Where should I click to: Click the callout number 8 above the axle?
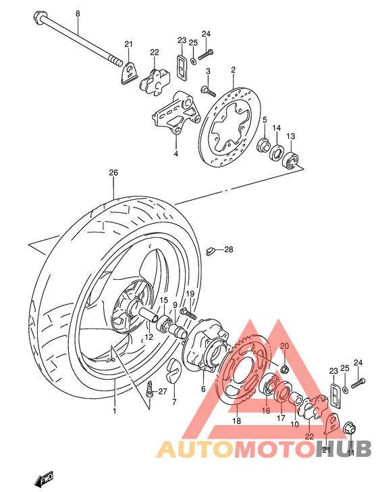[x=77, y=14]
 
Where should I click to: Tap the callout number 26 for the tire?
[x=113, y=173]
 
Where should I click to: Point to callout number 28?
[x=228, y=250]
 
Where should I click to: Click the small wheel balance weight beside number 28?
[x=211, y=251]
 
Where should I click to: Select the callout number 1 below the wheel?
[x=114, y=411]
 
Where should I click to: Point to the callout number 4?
[x=175, y=154]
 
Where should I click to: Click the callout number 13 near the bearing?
[x=290, y=137]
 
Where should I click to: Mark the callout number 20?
[x=284, y=346]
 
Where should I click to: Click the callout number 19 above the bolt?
[x=190, y=293]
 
